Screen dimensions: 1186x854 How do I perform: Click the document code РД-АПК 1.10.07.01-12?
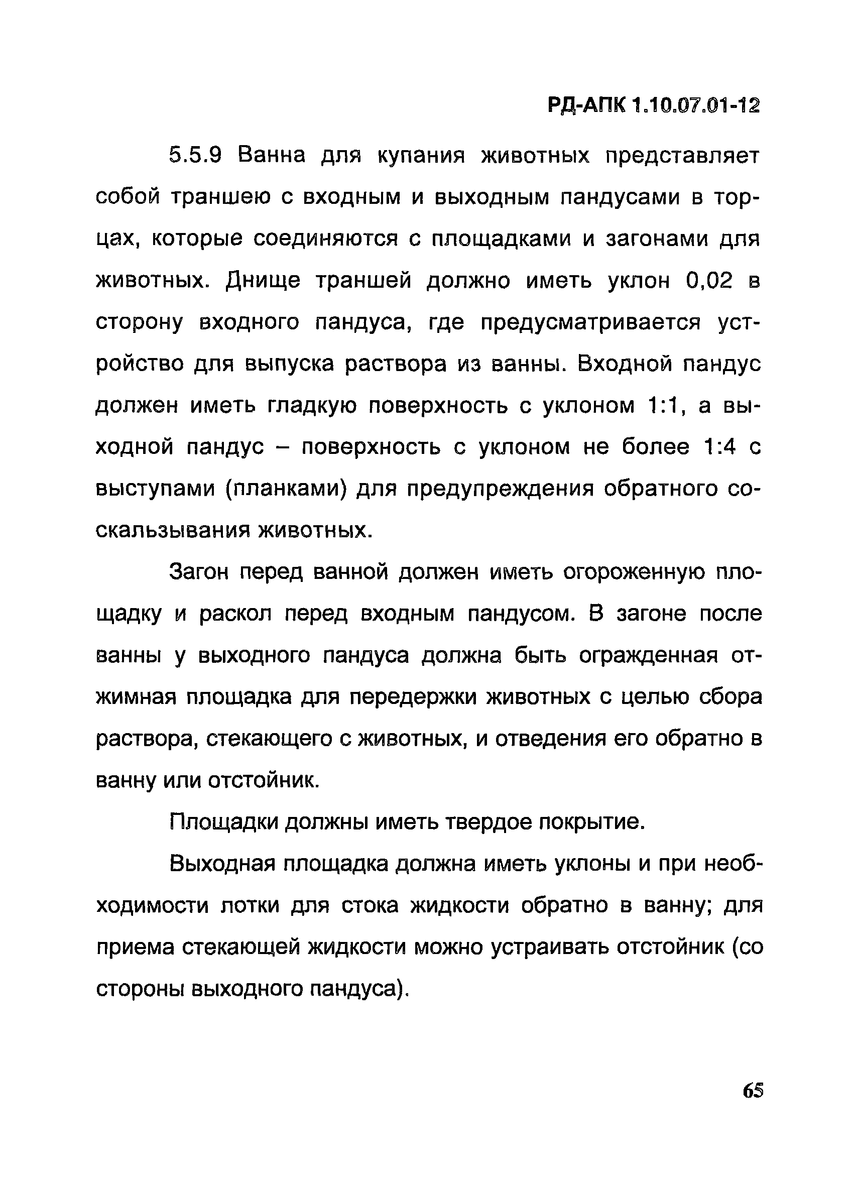pyautogui.click(x=653, y=106)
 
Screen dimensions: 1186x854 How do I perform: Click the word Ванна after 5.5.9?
pyautogui.click(x=272, y=156)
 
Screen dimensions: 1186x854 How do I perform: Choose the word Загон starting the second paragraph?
pyautogui.click(x=199, y=572)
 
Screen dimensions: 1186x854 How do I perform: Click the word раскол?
pyautogui.click(x=235, y=614)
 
